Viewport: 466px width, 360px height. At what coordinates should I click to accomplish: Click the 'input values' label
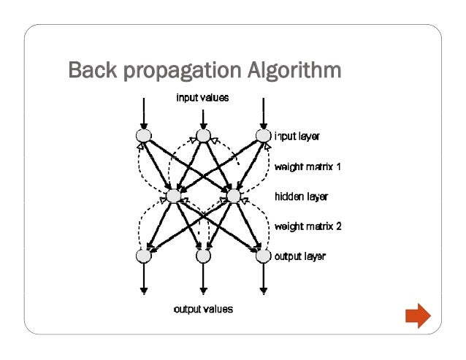pyautogui.click(x=202, y=97)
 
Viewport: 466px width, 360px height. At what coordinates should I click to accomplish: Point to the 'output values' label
pyautogui.click(x=203, y=309)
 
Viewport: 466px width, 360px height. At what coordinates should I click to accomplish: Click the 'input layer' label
pyautogui.click(x=298, y=136)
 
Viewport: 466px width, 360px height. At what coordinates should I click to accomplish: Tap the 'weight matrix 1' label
pyautogui.click(x=308, y=166)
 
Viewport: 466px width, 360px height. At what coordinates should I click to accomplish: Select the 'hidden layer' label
pyautogui.click(x=301, y=196)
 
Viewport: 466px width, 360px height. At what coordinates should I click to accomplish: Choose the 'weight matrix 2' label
pyautogui.click(x=308, y=226)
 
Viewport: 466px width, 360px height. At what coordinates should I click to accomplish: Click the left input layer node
pyautogui.click(x=142, y=136)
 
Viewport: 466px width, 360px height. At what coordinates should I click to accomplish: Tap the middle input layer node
pyautogui.click(x=203, y=136)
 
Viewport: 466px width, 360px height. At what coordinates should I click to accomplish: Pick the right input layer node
pyautogui.click(x=263, y=136)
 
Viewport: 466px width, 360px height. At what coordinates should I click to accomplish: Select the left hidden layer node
pyautogui.click(x=173, y=196)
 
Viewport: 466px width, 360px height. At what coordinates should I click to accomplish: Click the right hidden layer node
pyautogui.click(x=233, y=196)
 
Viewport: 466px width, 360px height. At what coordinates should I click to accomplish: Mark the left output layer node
pyautogui.click(x=142, y=256)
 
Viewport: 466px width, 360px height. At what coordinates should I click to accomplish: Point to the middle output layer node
pyautogui.click(x=203, y=256)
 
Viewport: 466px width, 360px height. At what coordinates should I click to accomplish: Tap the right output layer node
pyautogui.click(x=263, y=256)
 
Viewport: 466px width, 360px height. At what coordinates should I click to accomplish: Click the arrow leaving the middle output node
pyautogui.click(x=203, y=280)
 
